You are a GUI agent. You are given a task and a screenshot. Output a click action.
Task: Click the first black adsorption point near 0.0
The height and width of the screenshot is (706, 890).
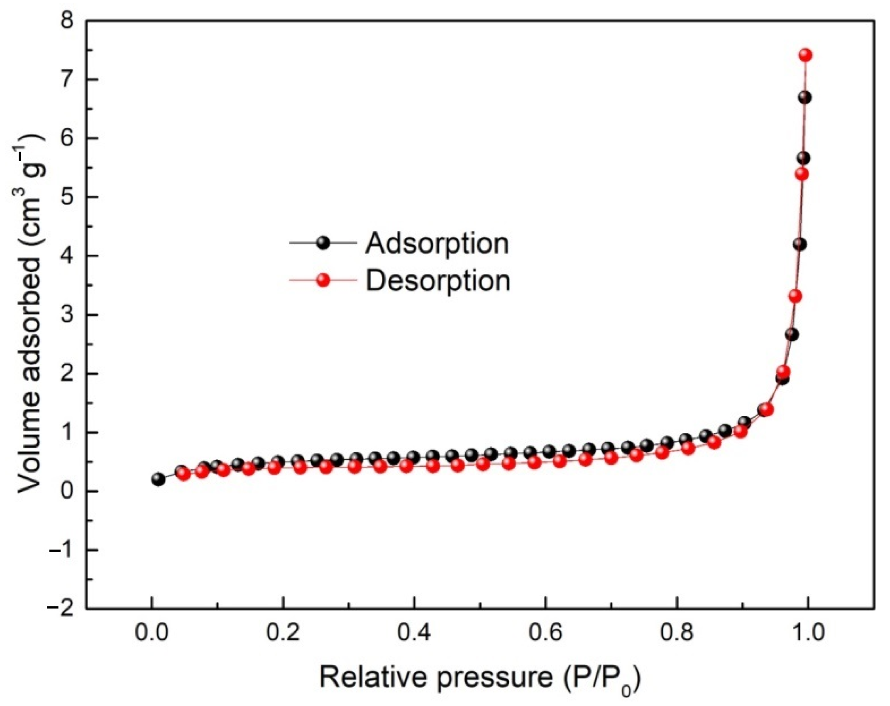(158, 479)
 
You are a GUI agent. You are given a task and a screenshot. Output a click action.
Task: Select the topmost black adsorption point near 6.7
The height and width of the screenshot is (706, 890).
(804, 98)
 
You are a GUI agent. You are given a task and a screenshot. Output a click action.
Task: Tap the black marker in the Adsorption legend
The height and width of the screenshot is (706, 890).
(323, 243)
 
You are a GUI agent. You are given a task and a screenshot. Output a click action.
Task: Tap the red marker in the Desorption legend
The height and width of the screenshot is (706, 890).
(323, 281)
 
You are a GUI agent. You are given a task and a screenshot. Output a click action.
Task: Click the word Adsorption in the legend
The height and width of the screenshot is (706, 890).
(437, 243)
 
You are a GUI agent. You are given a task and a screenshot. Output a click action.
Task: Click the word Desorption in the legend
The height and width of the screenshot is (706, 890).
(438, 281)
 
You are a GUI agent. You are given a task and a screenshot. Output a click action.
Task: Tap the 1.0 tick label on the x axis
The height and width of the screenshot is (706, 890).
(807, 635)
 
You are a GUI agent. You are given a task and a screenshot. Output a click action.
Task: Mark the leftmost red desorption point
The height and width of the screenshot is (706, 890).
(183, 474)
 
